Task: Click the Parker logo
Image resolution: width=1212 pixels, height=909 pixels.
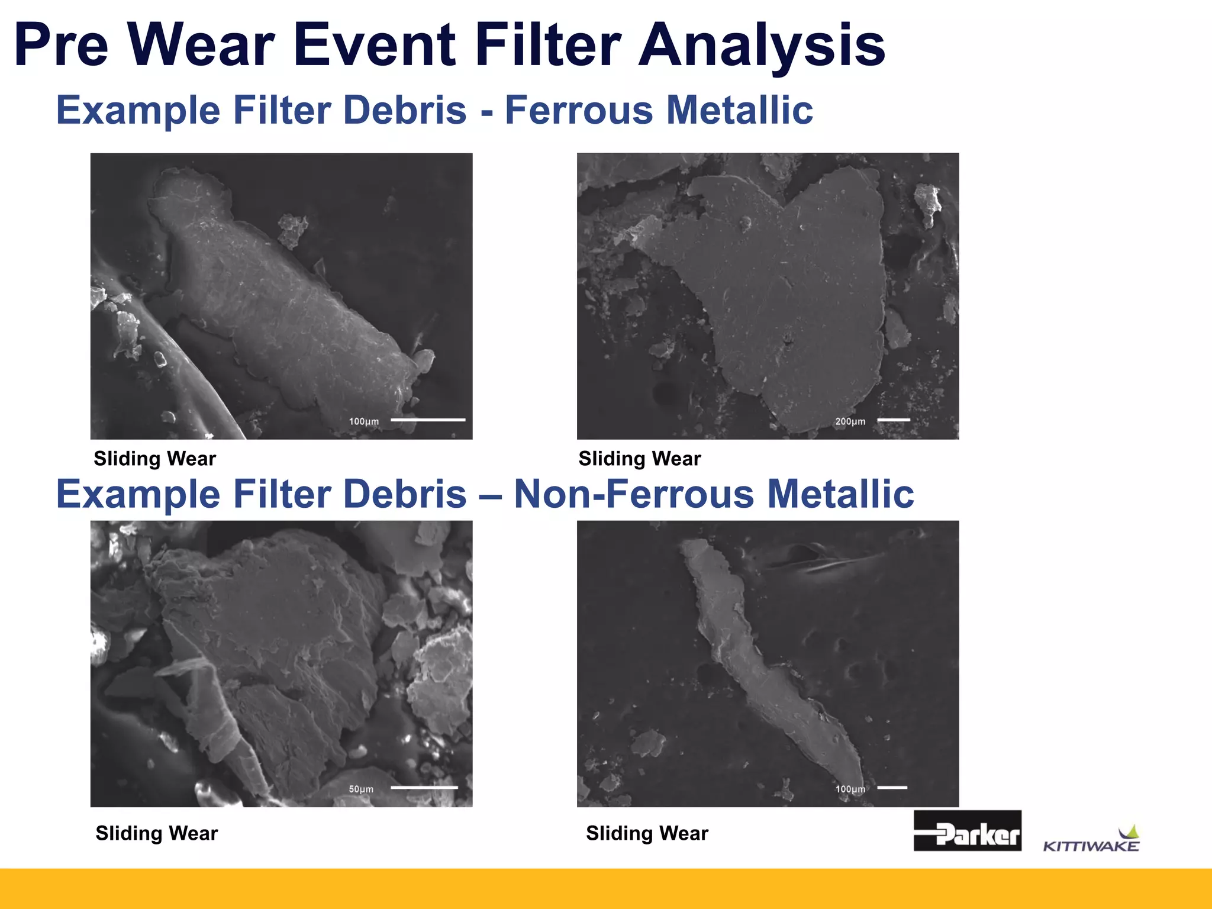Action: pyautogui.click(x=967, y=830)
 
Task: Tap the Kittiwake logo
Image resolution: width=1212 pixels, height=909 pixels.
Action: pyautogui.click(x=1091, y=840)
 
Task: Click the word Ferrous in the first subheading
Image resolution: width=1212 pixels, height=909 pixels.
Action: pyautogui.click(x=578, y=110)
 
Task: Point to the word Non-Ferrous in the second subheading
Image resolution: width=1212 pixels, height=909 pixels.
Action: pyautogui.click(x=634, y=494)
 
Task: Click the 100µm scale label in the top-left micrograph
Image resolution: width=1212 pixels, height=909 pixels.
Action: pyautogui.click(x=364, y=421)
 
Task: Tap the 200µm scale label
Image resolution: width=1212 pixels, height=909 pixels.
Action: pyautogui.click(x=850, y=421)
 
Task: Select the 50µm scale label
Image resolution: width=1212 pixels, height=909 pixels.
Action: pyautogui.click(x=361, y=789)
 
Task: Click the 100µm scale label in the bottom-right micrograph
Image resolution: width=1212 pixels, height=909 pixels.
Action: pyautogui.click(x=850, y=789)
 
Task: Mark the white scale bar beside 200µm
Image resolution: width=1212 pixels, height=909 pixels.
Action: pyautogui.click(x=893, y=420)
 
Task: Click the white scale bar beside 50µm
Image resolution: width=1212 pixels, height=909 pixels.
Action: pyautogui.click(x=424, y=788)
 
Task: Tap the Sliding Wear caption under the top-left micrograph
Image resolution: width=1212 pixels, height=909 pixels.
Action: pyautogui.click(x=155, y=459)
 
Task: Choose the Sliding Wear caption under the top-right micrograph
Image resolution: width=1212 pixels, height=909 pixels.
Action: pyautogui.click(x=640, y=459)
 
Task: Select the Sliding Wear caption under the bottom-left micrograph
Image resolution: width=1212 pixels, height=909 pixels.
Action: pyautogui.click(x=157, y=833)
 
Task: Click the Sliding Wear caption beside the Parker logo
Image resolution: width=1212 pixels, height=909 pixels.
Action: pyautogui.click(x=647, y=833)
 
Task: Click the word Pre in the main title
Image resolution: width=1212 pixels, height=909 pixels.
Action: pyautogui.click(x=62, y=46)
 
